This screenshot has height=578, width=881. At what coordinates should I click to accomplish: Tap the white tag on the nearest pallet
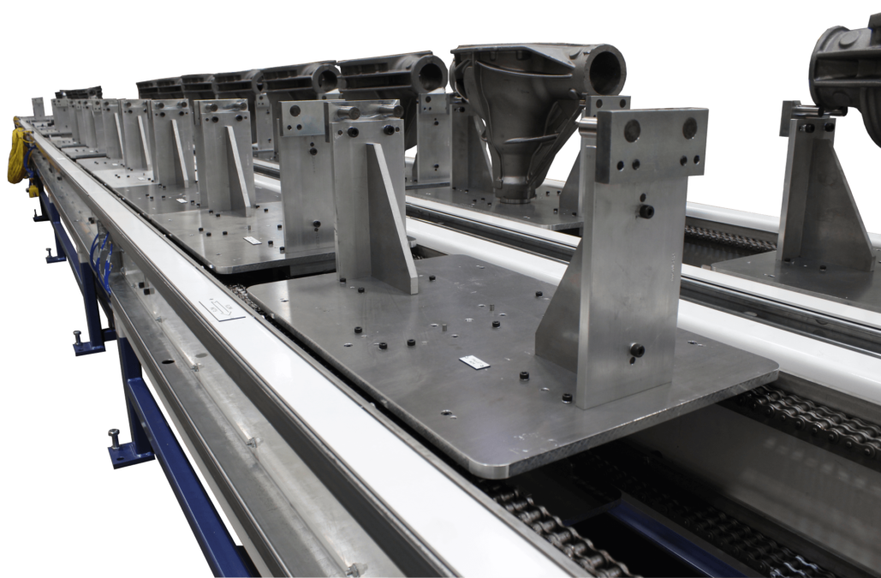tap(474, 362)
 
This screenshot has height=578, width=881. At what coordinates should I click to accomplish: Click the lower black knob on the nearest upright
tap(637, 349)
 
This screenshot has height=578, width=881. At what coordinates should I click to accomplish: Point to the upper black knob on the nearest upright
tap(646, 211)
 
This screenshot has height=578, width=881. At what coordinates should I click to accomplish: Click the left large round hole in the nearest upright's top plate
tap(632, 131)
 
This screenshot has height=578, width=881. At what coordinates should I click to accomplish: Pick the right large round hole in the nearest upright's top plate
tap(689, 128)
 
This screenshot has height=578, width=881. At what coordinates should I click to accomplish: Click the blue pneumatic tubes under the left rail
tap(100, 257)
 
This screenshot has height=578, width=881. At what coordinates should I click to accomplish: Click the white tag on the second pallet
tap(252, 241)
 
